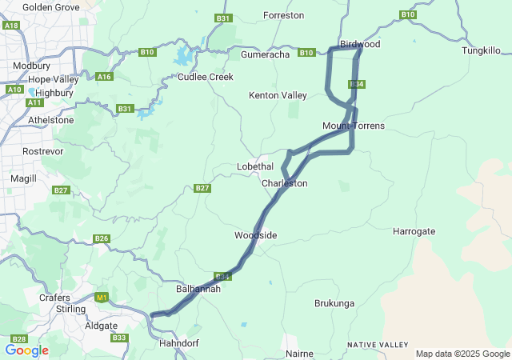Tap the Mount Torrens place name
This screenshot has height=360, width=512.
[x=354, y=126]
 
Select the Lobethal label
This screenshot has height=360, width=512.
[x=255, y=166]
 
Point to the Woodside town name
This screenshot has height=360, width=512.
[x=255, y=235]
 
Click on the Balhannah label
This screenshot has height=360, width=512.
[x=198, y=289]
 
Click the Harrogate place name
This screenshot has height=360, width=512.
[x=414, y=231]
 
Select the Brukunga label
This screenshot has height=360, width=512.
[x=334, y=304]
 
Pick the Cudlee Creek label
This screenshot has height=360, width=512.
[x=206, y=77]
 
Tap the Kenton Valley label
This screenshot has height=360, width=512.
[x=278, y=95]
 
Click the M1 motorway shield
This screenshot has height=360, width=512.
[x=101, y=298]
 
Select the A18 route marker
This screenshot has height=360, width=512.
[x=11, y=26]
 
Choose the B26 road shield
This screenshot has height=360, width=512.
[x=101, y=238]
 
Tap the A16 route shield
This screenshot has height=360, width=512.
[x=103, y=77]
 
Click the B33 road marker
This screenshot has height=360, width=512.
[x=119, y=338]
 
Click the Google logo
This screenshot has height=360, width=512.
[x=26, y=350]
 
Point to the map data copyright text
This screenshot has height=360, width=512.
[x=462, y=354]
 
